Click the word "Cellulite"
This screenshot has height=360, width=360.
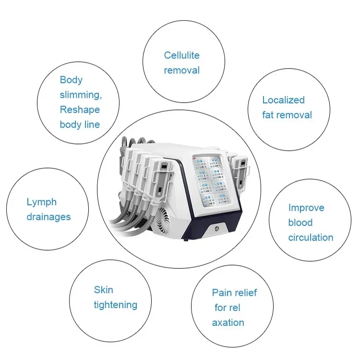point(181,55)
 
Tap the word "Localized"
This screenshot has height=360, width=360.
point(283,100)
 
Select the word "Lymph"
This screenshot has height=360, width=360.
point(42,202)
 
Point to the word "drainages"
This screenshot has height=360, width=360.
point(48,217)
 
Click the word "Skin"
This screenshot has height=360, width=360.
point(103,289)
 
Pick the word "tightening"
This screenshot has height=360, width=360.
point(115,305)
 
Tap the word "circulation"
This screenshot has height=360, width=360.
point(311,237)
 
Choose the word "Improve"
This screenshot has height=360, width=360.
point(306,208)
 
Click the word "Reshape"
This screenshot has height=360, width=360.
point(80,109)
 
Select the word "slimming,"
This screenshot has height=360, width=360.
point(81,95)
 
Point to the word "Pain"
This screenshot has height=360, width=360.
point(222,293)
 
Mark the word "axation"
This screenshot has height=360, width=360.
point(228,323)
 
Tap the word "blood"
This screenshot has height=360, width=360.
point(300,223)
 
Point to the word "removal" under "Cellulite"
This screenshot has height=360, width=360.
point(181,70)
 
